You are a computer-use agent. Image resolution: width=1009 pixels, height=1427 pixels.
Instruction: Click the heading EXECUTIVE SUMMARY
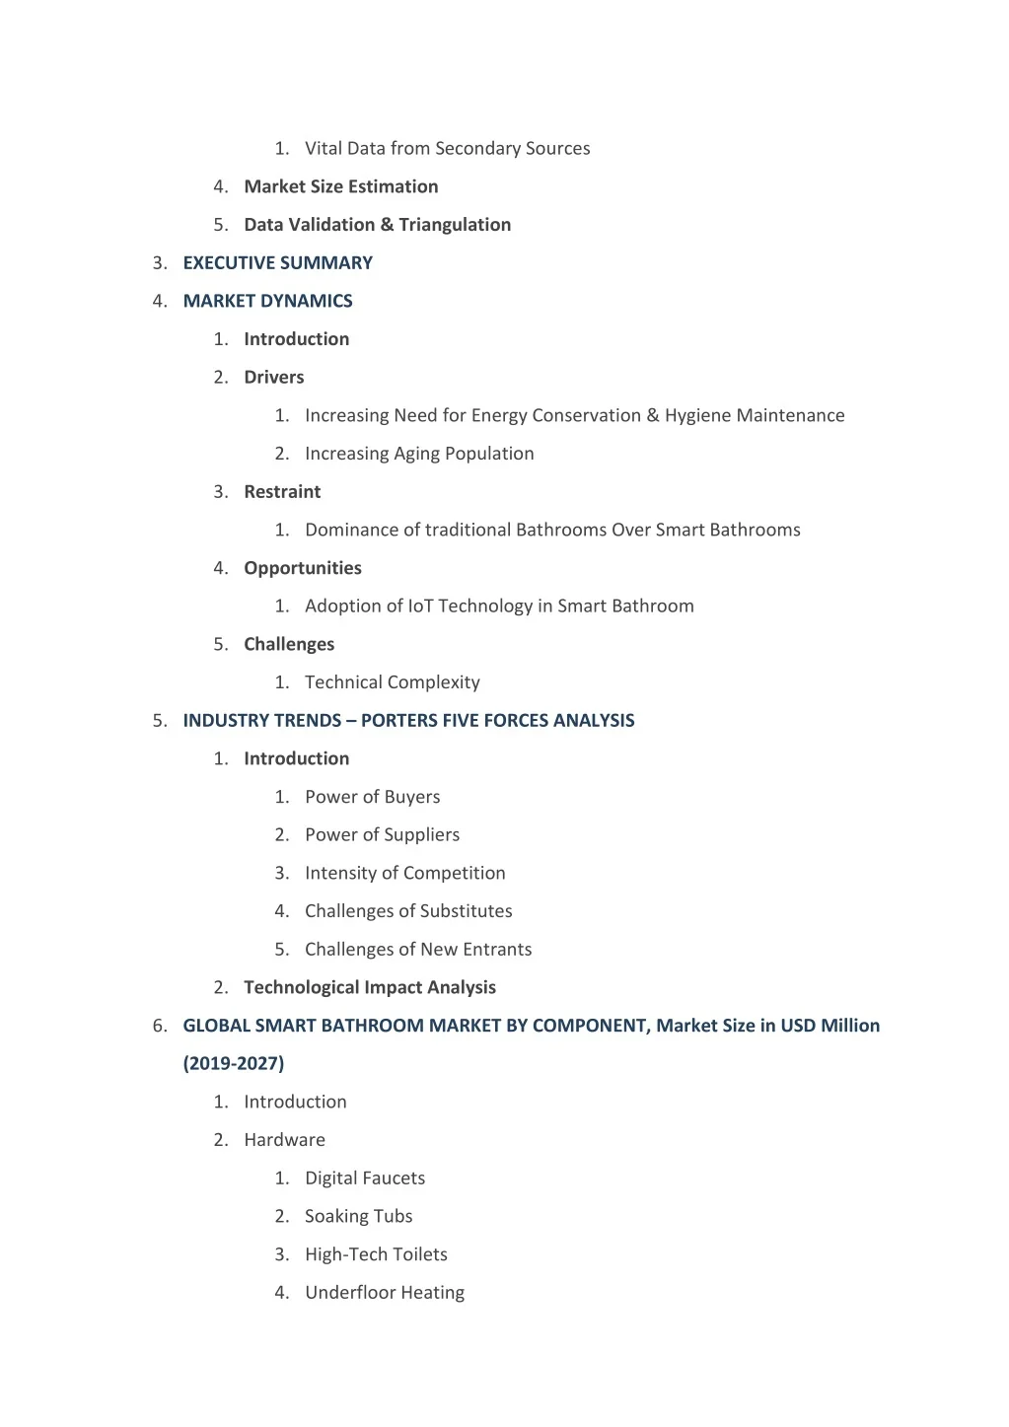[x=277, y=263]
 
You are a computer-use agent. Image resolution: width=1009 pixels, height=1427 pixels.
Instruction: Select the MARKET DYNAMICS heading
[x=267, y=301]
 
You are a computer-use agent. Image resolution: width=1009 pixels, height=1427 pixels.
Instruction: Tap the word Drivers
[x=273, y=378]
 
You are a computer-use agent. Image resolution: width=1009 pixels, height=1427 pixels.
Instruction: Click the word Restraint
[x=282, y=492]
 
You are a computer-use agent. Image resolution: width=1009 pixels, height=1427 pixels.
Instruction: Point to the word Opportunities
[x=302, y=568]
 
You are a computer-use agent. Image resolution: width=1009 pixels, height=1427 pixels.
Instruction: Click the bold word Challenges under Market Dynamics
[x=289, y=644]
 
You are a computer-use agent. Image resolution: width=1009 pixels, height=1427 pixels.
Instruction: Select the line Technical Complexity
[x=392, y=682]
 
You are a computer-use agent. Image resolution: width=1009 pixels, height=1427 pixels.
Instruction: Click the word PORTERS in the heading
[x=399, y=721]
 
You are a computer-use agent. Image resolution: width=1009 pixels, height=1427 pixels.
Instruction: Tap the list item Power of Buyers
[x=372, y=797]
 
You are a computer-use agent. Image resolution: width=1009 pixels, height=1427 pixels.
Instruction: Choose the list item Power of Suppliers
[x=382, y=835]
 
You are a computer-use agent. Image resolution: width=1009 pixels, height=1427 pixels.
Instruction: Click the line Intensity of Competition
[x=404, y=873]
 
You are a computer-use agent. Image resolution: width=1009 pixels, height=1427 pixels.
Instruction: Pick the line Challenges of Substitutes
[x=408, y=911]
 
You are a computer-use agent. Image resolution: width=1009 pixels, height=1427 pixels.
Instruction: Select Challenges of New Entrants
[x=418, y=950]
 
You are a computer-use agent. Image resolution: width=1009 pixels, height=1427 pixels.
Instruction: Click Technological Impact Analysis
[x=370, y=987]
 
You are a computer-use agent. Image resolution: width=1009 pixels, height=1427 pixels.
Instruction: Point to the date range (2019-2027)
[x=234, y=1064]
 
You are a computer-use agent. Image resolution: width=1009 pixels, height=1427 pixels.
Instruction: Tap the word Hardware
[x=284, y=1140]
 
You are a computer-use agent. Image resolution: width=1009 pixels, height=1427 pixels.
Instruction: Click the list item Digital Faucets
[x=365, y=1178]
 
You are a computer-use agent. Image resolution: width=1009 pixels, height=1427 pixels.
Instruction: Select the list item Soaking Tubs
[x=358, y=1217]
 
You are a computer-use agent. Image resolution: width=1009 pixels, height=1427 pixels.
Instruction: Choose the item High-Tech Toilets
[x=376, y=1254]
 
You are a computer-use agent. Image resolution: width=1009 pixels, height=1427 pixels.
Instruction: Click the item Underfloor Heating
[x=384, y=1293]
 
